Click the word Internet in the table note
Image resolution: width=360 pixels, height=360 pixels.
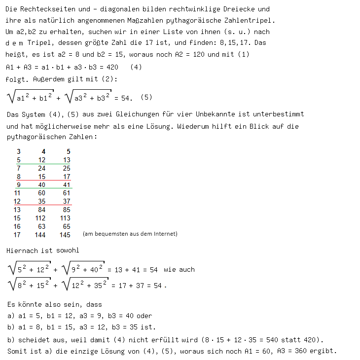click(165, 234)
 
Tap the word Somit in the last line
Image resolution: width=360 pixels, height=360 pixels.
click(16, 351)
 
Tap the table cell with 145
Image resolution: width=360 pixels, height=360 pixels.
click(65, 235)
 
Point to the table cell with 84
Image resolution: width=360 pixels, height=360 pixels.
click(41, 210)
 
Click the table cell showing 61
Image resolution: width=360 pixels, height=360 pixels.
click(67, 193)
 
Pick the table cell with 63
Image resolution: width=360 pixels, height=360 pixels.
click(41, 226)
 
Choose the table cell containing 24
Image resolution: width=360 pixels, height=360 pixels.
click(41, 168)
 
